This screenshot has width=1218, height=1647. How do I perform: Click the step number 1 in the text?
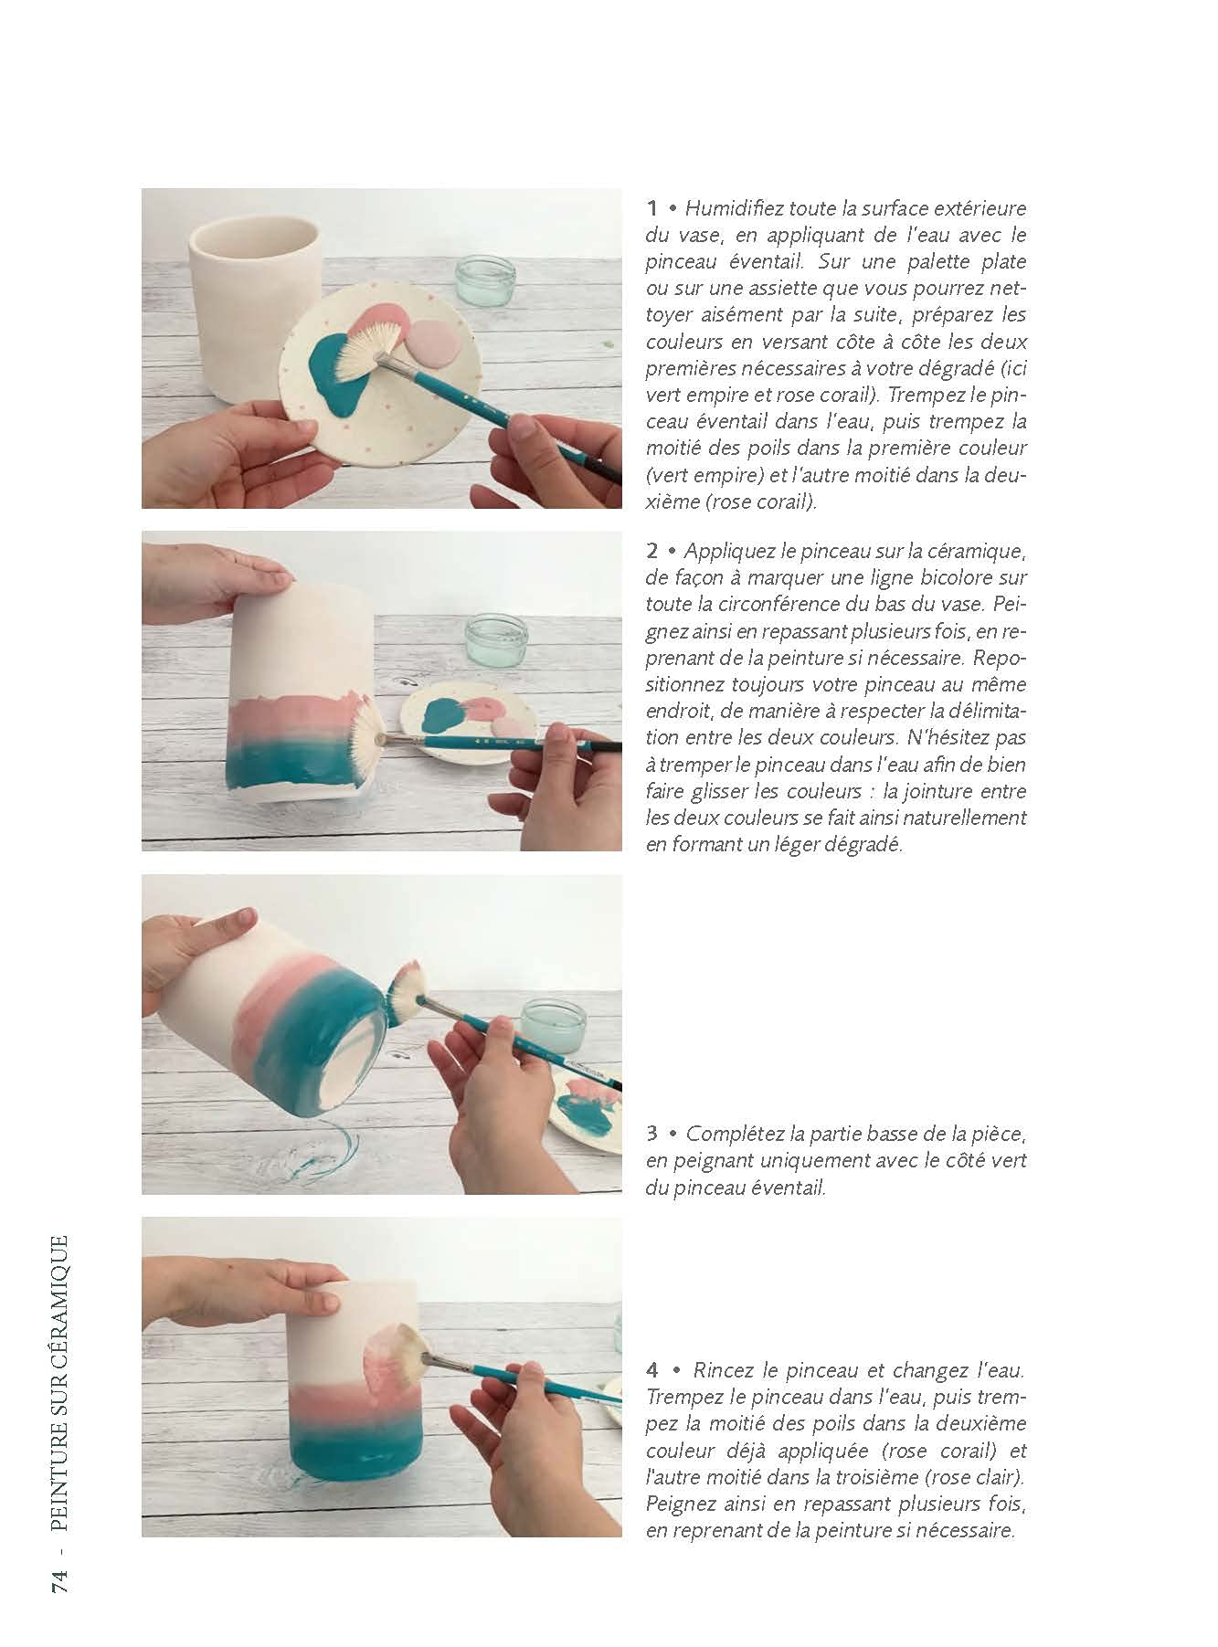[651, 208]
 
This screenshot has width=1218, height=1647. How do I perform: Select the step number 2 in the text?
[652, 552]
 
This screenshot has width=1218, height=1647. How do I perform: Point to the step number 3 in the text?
[652, 1135]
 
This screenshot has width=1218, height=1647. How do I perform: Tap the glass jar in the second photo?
[496, 639]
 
